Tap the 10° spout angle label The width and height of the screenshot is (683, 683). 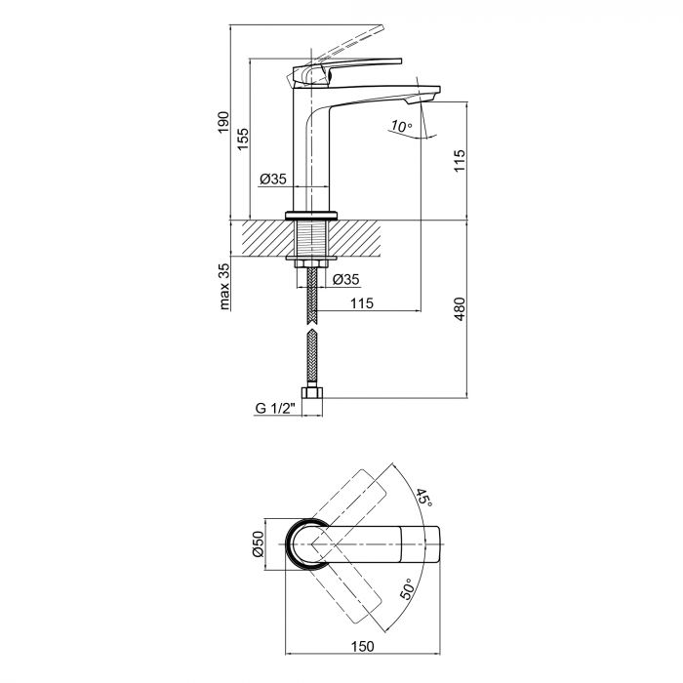pos(399,126)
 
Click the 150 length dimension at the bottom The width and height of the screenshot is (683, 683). pos(364,646)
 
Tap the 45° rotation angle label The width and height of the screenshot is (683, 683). pos(422,500)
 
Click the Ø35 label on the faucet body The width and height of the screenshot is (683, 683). pos(272,179)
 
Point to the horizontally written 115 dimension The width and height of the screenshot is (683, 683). pos(361,303)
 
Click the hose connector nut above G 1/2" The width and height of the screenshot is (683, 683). pos(311,395)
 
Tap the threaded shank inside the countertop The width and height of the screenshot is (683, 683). pos(311,239)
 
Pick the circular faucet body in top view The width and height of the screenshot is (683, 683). pos(311,543)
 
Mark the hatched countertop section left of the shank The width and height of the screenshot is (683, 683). pos(259,236)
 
